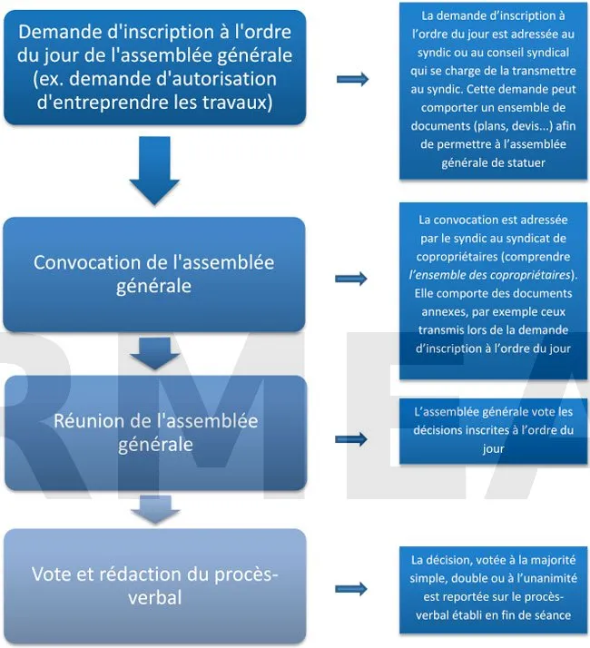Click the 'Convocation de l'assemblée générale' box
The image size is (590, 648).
[x=153, y=274]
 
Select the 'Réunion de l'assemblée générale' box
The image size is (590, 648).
[x=155, y=433]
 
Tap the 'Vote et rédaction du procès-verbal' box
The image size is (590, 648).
[x=154, y=586]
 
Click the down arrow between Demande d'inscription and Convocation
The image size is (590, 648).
[x=154, y=171]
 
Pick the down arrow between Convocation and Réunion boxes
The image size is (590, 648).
[x=154, y=354]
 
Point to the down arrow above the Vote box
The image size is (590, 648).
[x=155, y=510]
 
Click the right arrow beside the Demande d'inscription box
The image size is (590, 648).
[x=352, y=79]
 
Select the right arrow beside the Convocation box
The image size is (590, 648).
[x=351, y=279]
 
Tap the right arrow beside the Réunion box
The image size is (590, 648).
[x=351, y=439]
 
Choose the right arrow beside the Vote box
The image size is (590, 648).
[x=351, y=588]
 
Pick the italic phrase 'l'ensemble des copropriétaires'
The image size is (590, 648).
[x=490, y=275]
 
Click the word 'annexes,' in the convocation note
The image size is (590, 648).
[x=445, y=312]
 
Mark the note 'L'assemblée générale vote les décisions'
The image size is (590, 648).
[x=493, y=430]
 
